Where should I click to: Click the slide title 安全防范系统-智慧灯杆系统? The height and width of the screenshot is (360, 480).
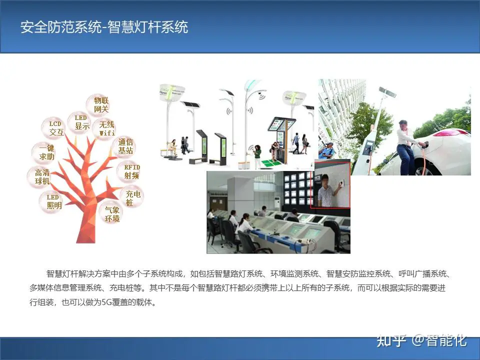tap(104, 27)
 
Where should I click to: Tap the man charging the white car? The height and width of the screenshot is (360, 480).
tap(407, 147)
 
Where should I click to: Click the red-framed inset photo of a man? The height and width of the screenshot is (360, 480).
tap(330, 184)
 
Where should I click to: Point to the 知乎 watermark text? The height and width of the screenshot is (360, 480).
tap(391, 340)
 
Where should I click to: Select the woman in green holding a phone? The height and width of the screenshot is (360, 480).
tap(257, 156)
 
